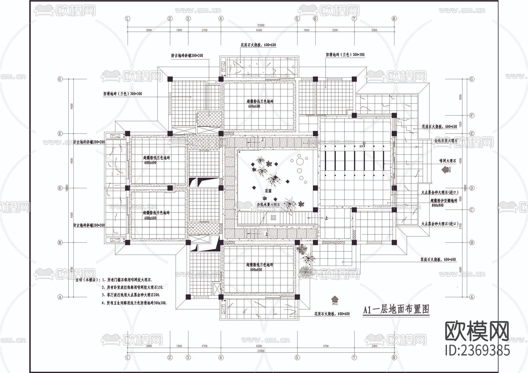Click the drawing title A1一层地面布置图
click(396, 310)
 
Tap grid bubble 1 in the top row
click(127, 18)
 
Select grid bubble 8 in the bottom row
click(394, 357)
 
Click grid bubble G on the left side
click(60, 79)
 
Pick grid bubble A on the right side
click(472, 297)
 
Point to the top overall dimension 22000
click(261, 25)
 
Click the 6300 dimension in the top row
click(259, 30)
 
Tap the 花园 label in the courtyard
click(268, 190)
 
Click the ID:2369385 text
click(478, 350)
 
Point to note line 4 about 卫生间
click(134, 303)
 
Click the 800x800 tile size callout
click(437, 205)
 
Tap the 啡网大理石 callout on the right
click(447, 161)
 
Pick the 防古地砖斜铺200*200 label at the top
click(187, 55)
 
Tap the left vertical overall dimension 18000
click(67, 188)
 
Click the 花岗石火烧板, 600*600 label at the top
click(258, 45)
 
